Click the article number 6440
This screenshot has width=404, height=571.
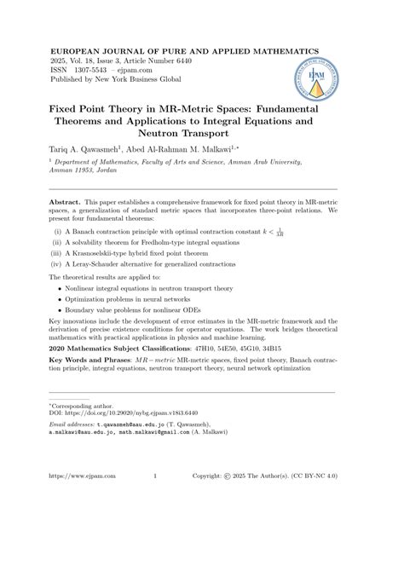point(193,63)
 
